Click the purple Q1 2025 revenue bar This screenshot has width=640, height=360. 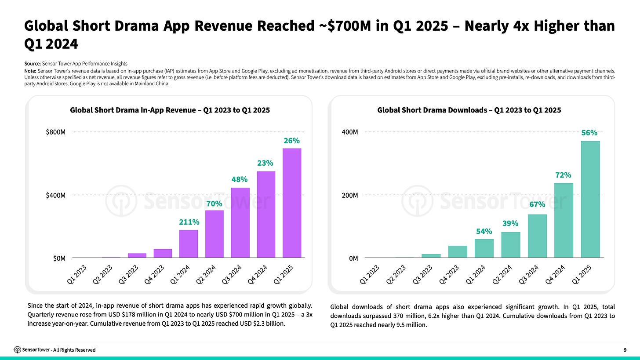coord(292,203)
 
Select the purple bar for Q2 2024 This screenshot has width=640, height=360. coord(215,234)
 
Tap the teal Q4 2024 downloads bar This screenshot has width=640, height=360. coord(564,220)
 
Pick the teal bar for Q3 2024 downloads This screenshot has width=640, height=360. coord(537,236)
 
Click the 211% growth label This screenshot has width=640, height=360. coord(189,222)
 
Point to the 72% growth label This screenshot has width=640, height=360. coord(564,175)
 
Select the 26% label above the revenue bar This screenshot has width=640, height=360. coord(292,141)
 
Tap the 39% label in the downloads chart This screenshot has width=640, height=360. coord(510,224)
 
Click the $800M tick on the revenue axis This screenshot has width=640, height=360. coord(56,132)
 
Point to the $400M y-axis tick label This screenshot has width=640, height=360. coord(56,195)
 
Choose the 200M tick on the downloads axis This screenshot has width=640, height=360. coord(351,195)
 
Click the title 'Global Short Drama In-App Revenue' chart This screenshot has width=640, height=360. coord(170,110)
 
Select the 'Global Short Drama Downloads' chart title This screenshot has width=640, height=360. coord(469,110)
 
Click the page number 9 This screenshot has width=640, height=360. coord(625,350)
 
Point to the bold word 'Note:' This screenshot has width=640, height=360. coord(31,70)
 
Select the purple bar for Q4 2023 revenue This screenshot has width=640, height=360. coord(163,253)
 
